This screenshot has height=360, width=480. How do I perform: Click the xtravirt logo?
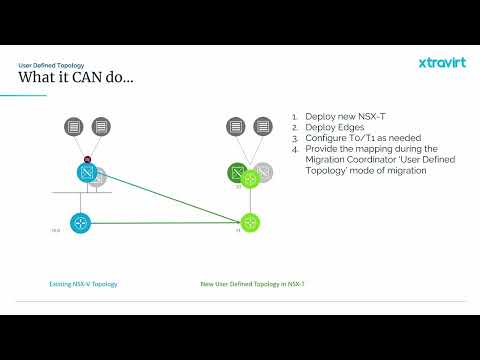[441, 63]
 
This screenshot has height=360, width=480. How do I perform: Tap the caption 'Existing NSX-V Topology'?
[83, 284]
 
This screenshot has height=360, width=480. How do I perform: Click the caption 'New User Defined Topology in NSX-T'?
[252, 284]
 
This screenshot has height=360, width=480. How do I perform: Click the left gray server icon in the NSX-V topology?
[74, 127]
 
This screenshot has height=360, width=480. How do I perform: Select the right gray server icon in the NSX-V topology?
[100, 127]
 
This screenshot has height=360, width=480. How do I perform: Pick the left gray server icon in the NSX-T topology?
[236, 127]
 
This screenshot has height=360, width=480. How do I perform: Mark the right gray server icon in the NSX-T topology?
[262, 127]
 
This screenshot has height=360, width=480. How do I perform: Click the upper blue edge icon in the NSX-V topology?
[87, 173]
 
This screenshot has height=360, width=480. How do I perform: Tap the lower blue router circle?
[79, 222]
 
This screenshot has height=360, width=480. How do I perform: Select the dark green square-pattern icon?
[237, 173]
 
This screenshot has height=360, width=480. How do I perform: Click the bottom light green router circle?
[249, 222]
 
